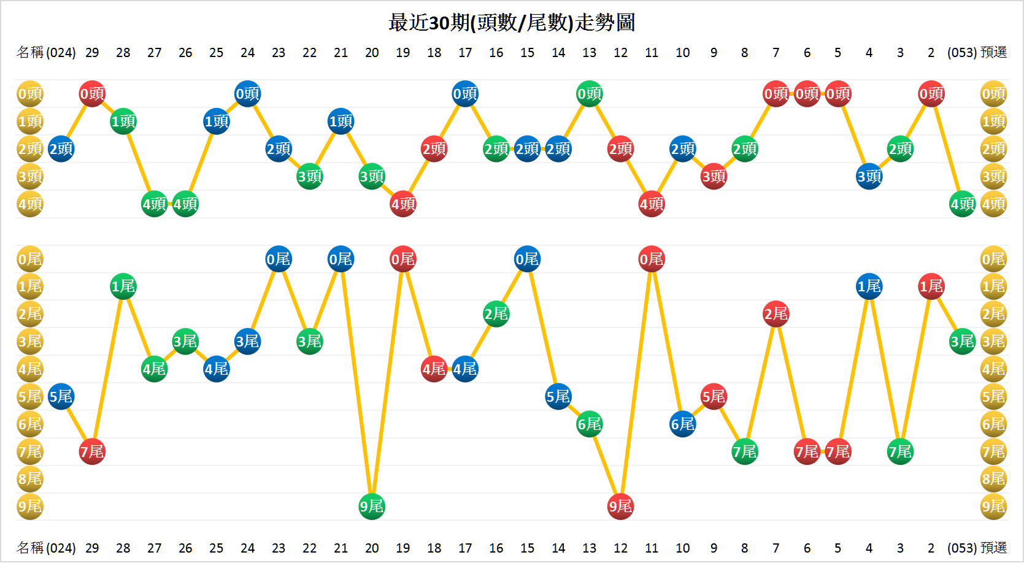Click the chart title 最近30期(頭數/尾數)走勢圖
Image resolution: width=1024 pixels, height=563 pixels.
[512, 23]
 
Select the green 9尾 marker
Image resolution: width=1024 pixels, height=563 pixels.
[372, 507]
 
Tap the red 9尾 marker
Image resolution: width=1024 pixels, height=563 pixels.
[620, 507]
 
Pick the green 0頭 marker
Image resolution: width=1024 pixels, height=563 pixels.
[590, 94]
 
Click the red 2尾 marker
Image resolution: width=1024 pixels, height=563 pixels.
[776, 314]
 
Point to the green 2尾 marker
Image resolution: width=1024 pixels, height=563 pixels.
[496, 314]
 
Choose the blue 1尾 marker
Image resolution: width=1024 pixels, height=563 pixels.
[869, 286]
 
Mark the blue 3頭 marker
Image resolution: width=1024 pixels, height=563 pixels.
[869, 177]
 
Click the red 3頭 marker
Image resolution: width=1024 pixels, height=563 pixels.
[714, 177]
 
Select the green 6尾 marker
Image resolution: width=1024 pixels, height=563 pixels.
[590, 424]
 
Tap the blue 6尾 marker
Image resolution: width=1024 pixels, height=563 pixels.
[683, 424]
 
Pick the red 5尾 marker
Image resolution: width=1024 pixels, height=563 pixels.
[714, 397]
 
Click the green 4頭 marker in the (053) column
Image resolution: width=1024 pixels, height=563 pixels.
[962, 204]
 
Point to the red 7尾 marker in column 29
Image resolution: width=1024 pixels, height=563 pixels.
[92, 452]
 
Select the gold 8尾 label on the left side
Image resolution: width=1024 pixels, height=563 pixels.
[30, 479]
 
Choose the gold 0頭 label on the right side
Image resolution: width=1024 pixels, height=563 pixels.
[994, 94]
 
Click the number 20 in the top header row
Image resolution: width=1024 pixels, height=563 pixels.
[372, 53]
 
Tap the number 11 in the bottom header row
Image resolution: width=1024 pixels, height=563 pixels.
[652, 548]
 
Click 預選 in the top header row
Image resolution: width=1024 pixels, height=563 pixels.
[994, 53]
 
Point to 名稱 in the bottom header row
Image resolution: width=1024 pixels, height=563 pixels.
[30, 548]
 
